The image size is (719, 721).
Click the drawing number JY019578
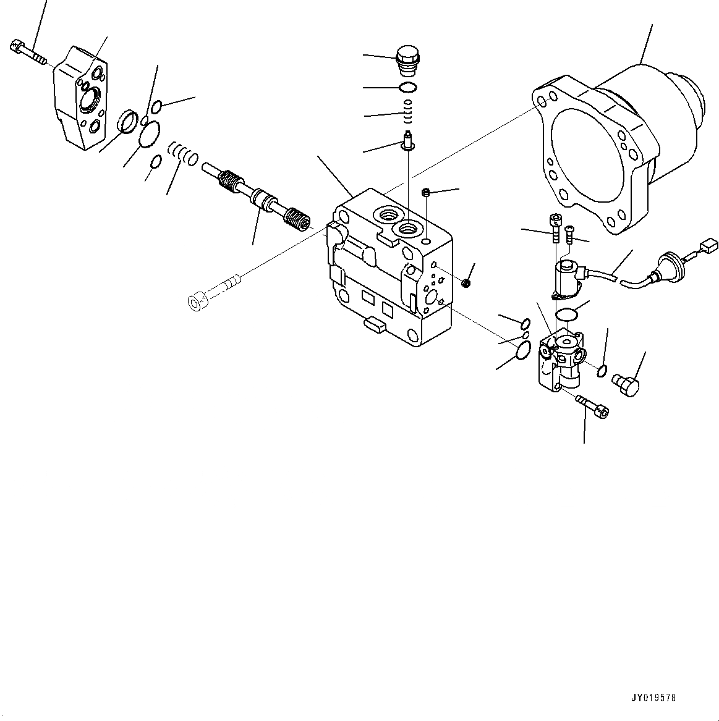pos(653,698)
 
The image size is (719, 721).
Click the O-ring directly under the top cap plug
pos(407,87)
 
